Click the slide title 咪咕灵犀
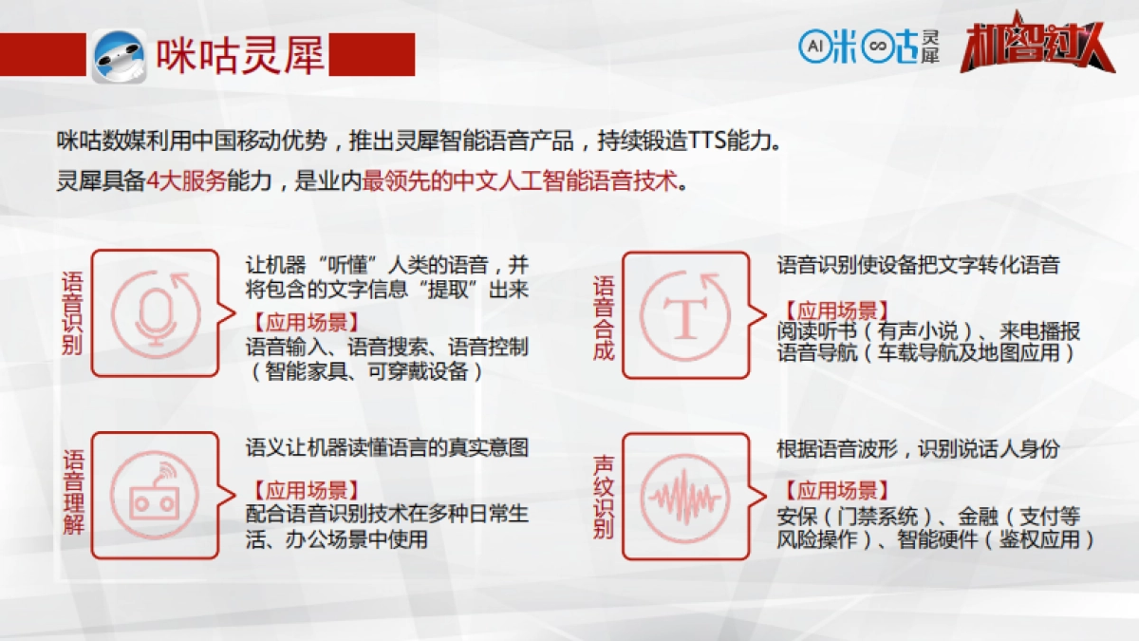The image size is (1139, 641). coord(241,55)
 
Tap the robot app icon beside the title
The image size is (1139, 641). coord(119,55)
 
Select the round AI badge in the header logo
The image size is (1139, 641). coord(814,44)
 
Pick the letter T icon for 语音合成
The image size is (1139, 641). coord(684,312)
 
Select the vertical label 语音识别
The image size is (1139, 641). coord(72,312)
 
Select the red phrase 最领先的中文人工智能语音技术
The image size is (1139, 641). coord(521,181)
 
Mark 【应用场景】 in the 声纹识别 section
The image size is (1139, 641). coord(835,491)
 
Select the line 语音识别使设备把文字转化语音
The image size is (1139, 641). coord(917,265)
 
